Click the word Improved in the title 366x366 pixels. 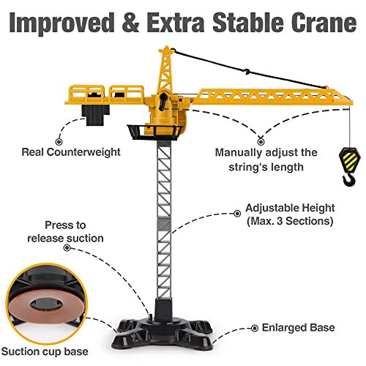[62, 23]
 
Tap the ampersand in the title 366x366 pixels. [130, 23]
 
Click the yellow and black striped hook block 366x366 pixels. [349, 159]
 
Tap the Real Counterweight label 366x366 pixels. [71, 152]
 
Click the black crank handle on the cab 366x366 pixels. [163, 101]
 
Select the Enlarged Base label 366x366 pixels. [298, 328]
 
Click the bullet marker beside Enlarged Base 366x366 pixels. [255, 329]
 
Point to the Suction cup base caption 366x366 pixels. [45, 351]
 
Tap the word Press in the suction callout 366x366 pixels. [57, 225]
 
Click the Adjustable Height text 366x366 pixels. [290, 208]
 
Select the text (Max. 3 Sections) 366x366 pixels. [290, 221]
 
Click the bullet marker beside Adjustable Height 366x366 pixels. [237, 214]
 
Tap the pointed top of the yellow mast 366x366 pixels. [167, 46]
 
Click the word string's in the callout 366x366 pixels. [246, 168]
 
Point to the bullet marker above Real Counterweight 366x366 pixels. [59, 141]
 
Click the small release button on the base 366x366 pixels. [151, 316]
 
